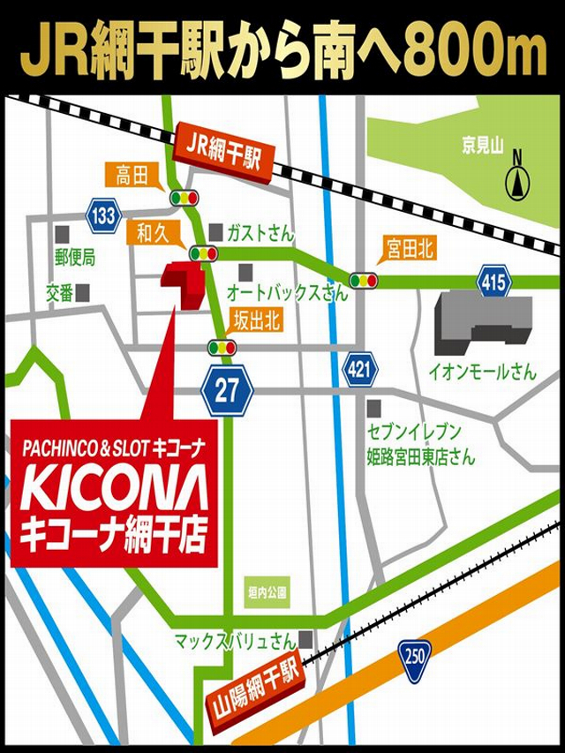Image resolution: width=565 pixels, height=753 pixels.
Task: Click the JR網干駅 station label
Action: pyautogui.click(x=224, y=151)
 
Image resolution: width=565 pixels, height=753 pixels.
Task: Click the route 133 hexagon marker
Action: pyautogui.click(x=104, y=215)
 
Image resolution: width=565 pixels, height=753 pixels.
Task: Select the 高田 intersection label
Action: pyautogui.click(x=132, y=175)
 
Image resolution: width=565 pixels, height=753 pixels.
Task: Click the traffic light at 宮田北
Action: pyautogui.click(x=363, y=281)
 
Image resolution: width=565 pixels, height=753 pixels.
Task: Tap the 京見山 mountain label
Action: pyautogui.click(x=484, y=143)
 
